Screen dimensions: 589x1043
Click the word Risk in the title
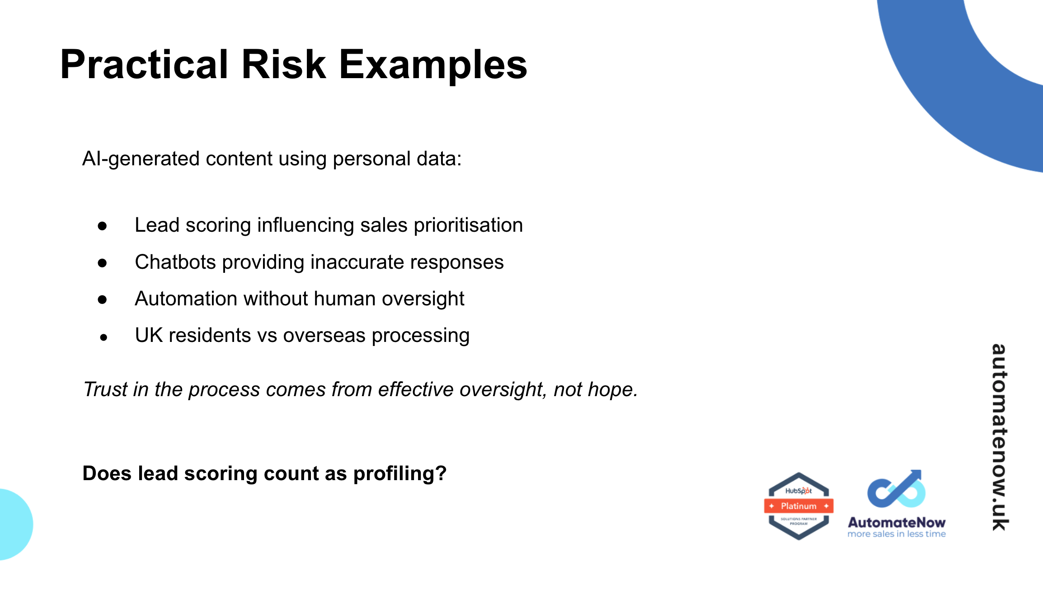point(283,65)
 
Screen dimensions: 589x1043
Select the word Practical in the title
point(144,65)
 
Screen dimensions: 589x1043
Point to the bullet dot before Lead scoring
point(103,226)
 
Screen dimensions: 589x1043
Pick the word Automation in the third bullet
point(186,299)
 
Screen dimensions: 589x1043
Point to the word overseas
point(324,335)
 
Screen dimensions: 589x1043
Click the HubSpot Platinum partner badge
point(799,506)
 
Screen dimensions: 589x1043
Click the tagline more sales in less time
point(896,534)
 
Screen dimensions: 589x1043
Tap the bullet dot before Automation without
point(103,299)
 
